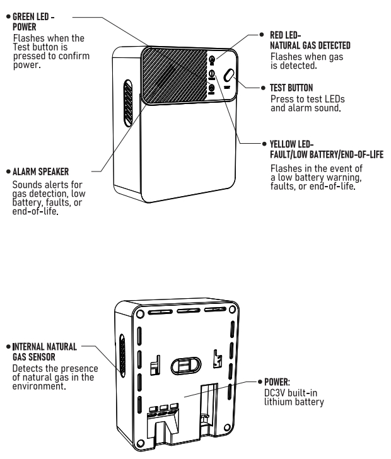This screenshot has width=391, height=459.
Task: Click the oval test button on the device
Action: click(229, 76)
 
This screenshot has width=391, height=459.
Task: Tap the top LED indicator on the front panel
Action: click(212, 60)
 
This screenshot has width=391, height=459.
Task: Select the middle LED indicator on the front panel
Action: click(211, 74)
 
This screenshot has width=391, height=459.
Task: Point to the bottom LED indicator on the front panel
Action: click(211, 88)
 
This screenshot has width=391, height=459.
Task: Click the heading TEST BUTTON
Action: click(291, 88)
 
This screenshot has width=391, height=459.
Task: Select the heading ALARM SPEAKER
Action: click(41, 171)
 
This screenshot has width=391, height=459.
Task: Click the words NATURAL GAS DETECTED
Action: click(310, 45)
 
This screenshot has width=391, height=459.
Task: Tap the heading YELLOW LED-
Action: click(291, 144)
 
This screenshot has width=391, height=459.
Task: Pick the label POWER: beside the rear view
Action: click(277, 382)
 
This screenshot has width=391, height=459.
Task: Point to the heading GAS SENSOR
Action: click(34, 357)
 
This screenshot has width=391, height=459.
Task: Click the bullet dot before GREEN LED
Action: click(8, 16)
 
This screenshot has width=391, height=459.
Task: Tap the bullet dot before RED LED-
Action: click(262, 35)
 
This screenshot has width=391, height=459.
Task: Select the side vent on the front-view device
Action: click(127, 103)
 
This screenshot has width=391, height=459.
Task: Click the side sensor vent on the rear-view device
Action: click(122, 356)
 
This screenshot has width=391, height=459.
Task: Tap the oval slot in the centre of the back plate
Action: click(185, 366)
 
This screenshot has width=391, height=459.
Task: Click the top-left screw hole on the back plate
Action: click(140, 314)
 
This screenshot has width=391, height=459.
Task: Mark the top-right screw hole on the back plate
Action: click(232, 310)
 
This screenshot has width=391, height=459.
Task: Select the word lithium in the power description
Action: click(277, 402)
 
